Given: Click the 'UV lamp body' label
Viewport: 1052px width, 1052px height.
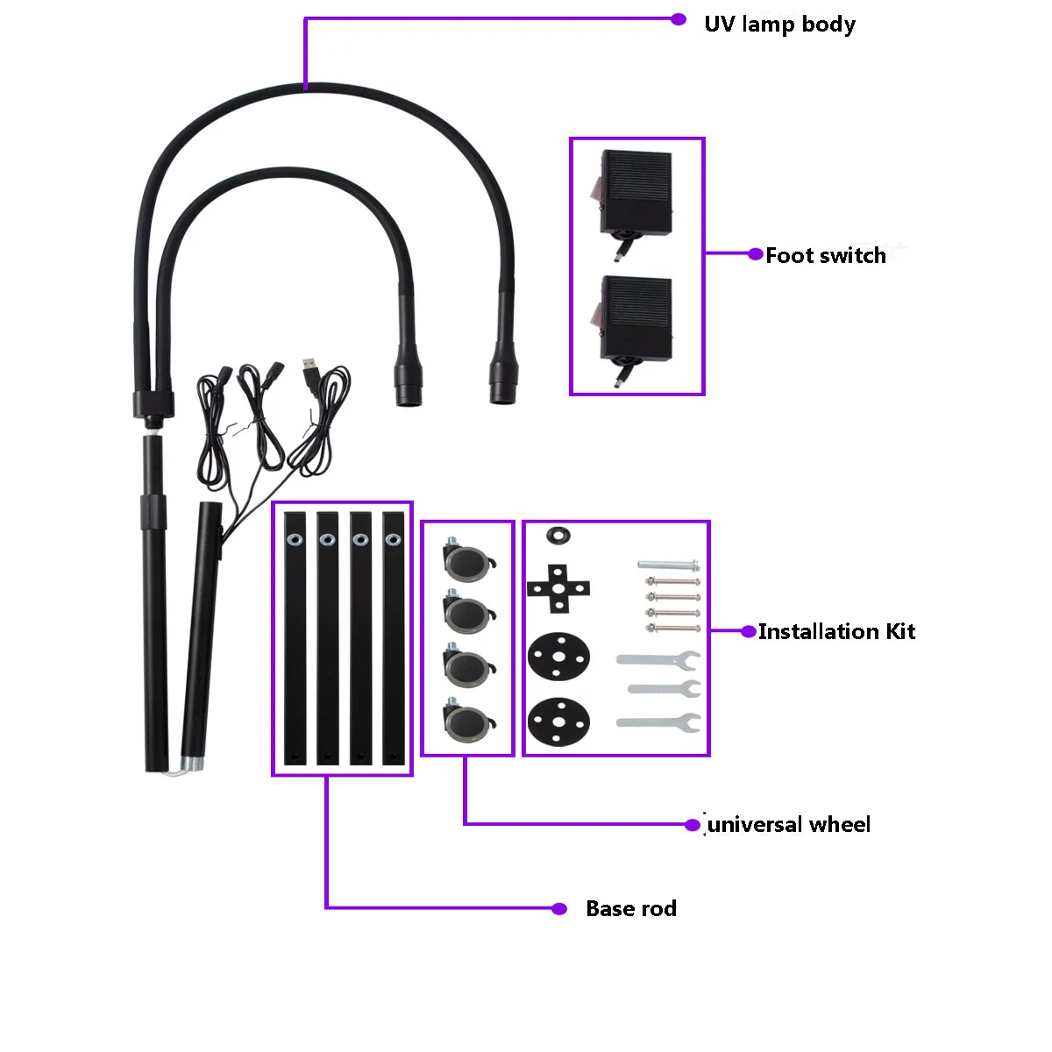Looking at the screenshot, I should (779, 24).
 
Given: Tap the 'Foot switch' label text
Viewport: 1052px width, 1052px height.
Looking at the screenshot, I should (825, 255).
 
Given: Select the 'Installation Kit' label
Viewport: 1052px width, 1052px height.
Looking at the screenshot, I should (836, 631).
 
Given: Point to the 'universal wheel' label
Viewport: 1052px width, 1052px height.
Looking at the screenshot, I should (789, 824).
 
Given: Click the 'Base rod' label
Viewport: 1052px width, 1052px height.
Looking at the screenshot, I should (631, 908).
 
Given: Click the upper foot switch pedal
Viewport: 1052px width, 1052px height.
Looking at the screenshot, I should (636, 193).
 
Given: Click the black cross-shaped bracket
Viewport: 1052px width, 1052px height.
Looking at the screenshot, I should (558, 587).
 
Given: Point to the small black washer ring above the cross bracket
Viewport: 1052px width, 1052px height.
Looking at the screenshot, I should (558, 534).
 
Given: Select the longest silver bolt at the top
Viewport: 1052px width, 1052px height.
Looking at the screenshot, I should (668, 565).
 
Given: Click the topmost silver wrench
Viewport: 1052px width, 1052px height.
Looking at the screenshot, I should (659, 659).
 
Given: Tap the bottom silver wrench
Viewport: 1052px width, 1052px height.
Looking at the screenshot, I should (659, 722).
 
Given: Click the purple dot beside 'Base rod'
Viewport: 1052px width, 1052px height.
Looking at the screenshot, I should (559, 908).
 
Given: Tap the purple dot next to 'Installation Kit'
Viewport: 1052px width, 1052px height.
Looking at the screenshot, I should (749, 631).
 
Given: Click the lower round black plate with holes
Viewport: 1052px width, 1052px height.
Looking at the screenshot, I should (558, 721).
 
